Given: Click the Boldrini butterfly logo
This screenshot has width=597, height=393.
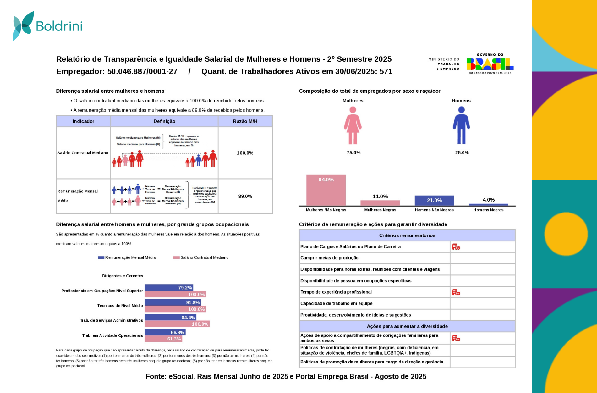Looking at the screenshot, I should (23, 26).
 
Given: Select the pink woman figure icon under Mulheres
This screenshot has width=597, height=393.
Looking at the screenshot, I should (353, 125).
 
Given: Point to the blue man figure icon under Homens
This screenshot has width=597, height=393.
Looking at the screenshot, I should (461, 125).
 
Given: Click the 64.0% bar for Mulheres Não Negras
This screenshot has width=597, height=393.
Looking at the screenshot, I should (326, 190).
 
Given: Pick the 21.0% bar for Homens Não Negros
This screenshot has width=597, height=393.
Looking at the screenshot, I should (434, 201).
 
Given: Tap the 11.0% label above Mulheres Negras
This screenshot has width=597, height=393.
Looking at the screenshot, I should (380, 196).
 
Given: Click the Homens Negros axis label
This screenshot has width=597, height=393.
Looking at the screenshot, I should (488, 210).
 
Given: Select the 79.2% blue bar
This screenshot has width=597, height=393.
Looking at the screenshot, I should (169, 288).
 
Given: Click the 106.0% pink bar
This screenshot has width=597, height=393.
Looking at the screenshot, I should (177, 324).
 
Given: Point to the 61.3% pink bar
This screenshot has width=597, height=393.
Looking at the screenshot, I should (163, 339).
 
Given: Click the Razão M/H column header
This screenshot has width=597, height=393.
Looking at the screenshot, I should (245, 121).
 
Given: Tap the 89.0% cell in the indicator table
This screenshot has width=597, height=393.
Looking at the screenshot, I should (245, 196).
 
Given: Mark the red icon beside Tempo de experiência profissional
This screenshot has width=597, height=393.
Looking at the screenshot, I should (456, 292).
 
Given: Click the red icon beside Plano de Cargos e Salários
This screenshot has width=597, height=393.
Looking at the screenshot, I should (456, 247).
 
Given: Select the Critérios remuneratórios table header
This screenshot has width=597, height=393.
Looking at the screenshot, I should (407, 235).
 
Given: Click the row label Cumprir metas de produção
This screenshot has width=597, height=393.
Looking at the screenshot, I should (329, 258).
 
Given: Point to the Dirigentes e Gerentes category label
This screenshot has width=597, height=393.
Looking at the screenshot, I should (122, 276).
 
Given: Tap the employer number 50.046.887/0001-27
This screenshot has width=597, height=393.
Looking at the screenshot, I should (142, 72).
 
